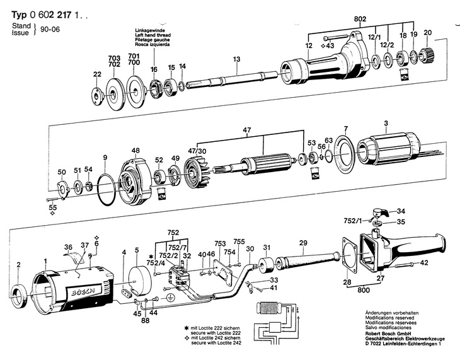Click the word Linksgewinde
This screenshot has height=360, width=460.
[148, 31]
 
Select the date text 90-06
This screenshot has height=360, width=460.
[48, 29]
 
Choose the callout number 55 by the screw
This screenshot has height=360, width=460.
[53, 207]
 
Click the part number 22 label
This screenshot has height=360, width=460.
[96, 74]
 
